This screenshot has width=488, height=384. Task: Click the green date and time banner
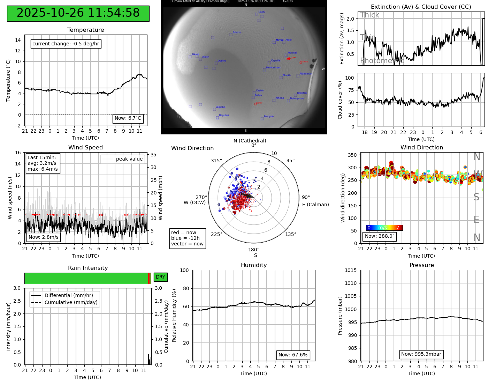(78, 13)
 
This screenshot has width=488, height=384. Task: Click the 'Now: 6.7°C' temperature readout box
(128, 118)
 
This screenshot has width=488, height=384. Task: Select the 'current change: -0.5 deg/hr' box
(66, 44)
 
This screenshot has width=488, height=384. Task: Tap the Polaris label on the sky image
(236, 32)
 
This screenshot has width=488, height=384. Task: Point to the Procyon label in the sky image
(268, 117)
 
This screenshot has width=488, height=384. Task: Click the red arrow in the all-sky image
(291, 58)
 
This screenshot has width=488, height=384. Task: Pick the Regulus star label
(224, 115)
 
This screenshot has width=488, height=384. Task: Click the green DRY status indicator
(160, 277)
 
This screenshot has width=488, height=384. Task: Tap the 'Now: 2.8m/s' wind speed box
(44, 237)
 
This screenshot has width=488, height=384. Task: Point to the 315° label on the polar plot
(216, 161)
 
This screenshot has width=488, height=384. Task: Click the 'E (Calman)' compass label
(315, 205)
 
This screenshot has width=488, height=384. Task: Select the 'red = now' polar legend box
(187, 238)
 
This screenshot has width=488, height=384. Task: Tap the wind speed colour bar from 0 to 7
(384, 228)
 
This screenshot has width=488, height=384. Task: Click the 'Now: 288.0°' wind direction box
(379, 236)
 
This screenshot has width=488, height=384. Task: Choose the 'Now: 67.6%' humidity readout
(293, 355)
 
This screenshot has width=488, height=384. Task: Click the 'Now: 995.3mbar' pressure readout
(421, 354)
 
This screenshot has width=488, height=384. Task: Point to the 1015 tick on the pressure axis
(351, 270)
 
